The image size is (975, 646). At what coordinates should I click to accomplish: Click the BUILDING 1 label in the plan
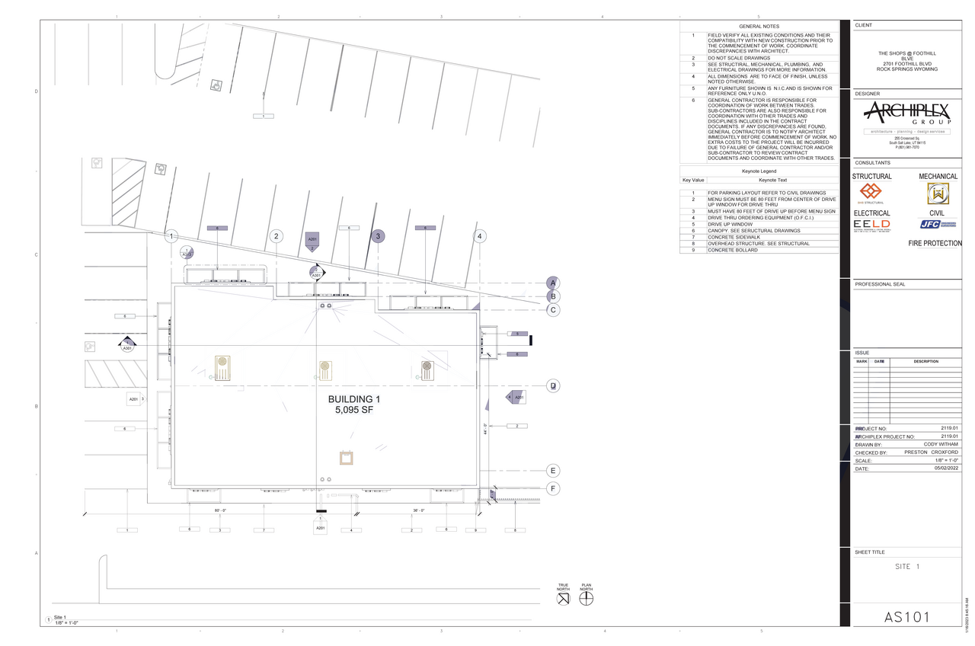click(x=353, y=399)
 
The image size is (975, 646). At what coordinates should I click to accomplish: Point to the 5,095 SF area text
click(x=353, y=410)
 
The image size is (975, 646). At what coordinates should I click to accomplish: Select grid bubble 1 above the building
click(x=172, y=236)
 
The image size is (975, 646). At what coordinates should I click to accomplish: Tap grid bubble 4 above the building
click(x=480, y=236)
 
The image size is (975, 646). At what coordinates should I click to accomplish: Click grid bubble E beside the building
click(x=554, y=471)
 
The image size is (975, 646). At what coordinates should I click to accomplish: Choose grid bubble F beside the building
click(x=554, y=488)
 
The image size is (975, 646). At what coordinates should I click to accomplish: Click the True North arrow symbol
click(x=563, y=598)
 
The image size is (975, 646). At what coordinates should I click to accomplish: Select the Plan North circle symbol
click(x=586, y=598)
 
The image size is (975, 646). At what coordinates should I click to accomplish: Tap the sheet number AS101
click(x=906, y=616)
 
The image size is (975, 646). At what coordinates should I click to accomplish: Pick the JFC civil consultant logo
click(x=937, y=224)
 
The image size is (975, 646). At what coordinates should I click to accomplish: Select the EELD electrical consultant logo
click(x=871, y=224)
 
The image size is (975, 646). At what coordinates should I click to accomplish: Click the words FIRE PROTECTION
click(x=935, y=244)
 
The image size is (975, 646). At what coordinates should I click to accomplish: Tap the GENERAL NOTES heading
click(x=759, y=27)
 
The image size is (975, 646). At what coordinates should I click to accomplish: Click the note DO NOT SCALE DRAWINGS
click(x=739, y=58)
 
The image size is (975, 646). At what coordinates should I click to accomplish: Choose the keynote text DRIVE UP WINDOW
click(x=730, y=225)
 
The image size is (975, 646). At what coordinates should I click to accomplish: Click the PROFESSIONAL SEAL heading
click(x=880, y=284)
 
